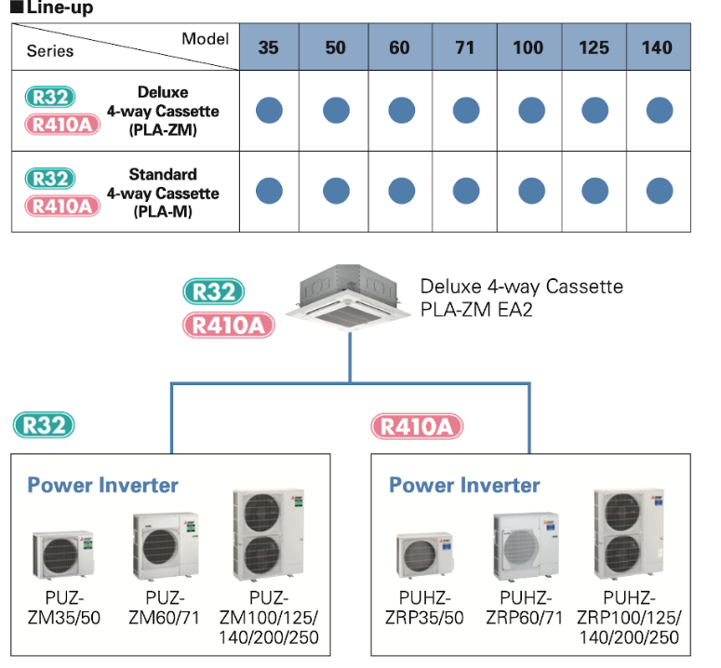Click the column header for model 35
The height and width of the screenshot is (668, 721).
coord(268,47)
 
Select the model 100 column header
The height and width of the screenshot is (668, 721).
coord(529,47)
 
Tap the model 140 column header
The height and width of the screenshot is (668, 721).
coord(658,47)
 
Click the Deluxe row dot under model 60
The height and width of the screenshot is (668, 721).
coord(401,111)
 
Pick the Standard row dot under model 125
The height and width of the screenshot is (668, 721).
coord(594,191)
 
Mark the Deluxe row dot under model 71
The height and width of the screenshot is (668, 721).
coord(465,111)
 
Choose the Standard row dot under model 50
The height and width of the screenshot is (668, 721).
coord(336,191)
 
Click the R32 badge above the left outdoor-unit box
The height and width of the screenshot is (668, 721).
coord(44,426)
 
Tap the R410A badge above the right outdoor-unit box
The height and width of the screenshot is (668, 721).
coord(417,426)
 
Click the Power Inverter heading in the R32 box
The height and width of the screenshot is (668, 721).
coord(102,484)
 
